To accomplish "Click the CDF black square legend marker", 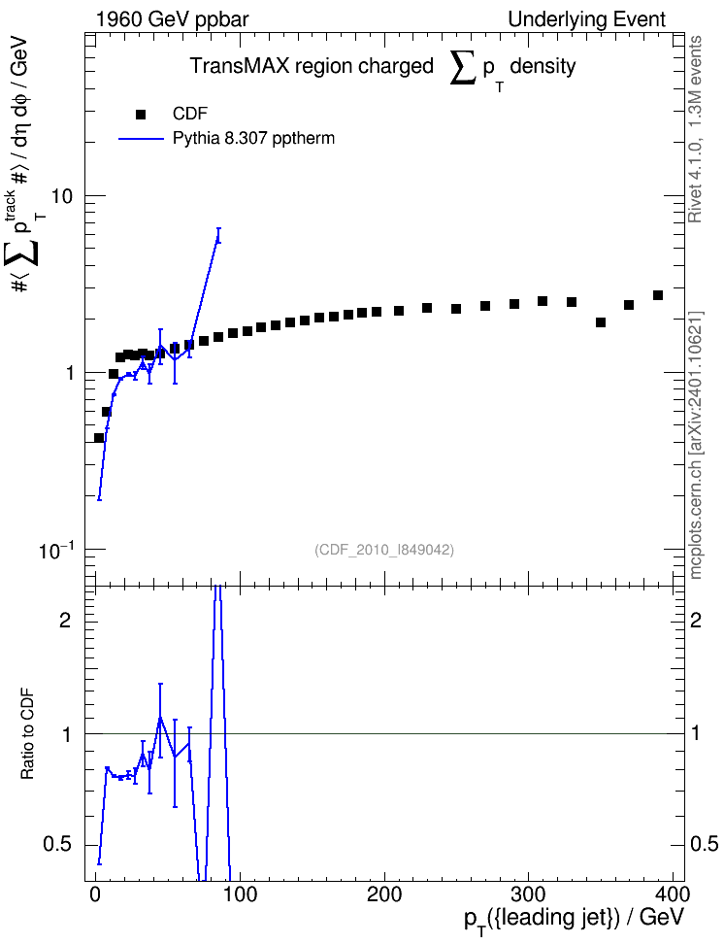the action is pyautogui.click(x=141, y=114).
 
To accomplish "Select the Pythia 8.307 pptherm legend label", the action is pyautogui.click(x=253, y=139).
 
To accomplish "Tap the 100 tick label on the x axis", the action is pyautogui.click(x=240, y=894).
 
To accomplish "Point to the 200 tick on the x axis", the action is pyautogui.click(x=384, y=894).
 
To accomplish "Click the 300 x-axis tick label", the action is pyautogui.click(x=528, y=894).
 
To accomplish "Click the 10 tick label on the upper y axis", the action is pyautogui.click(x=62, y=196).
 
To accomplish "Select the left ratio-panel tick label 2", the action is pyautogui.click(x=65, y=620).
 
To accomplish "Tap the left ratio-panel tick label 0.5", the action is pyautogui.click(x=56, y=845).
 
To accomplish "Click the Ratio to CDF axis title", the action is pyautogui.click(x=27, y=734).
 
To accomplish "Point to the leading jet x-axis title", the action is pyautogui.click(x=575, y=918).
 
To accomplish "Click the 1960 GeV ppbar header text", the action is pyautogui.click(x=172, y=19).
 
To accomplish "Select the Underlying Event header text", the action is pyautogui.click(x=587, y=19).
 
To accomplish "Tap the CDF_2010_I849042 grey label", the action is pyautogui.click(x=384, y=550).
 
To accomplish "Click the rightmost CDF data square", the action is pyautogui.click(x=658, y=295).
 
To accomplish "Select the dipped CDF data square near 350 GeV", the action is pyautogui.click(x=600, y=322).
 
